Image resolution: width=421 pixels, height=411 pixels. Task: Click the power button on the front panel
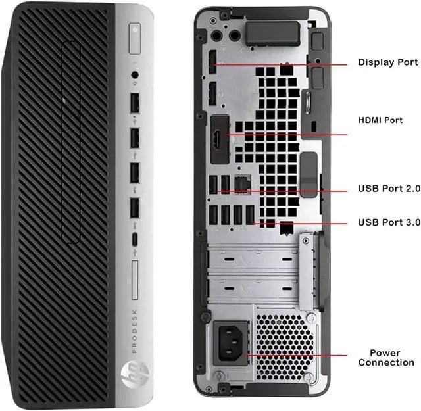click(x=135, y=39)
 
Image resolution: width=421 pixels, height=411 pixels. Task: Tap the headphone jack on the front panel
click(x=135, y=75)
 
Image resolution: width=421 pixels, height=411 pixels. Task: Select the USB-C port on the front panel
click(x=134, y=239)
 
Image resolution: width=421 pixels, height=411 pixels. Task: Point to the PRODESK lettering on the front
click(x=134, y=331)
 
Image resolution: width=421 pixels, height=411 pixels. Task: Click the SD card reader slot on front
click(x=135, y=279)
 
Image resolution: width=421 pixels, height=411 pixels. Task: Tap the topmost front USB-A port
click(x=135, y=103)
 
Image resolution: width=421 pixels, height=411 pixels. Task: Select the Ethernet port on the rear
click(x=243, y=184)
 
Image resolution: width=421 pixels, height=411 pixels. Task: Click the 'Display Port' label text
click(x=388, y=62)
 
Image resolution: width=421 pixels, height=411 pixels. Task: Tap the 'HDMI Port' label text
click(x=380, y=120)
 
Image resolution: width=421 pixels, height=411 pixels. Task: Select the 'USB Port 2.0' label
click(x=389, y=189)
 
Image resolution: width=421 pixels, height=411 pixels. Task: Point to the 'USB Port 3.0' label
click(x=389, y=222)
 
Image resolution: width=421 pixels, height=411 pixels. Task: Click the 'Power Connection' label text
click(x=386, y=358)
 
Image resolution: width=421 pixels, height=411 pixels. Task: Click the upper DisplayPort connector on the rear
click(x=212, y=62)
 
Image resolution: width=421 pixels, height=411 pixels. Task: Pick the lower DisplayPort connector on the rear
click(x=212, y=93)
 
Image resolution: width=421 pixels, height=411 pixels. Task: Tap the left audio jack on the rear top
click(x=216, y=36)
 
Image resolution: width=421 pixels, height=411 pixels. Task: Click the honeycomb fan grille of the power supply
click(x=284, y=347)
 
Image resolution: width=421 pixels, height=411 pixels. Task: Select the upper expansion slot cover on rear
click(x=253, y=260)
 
